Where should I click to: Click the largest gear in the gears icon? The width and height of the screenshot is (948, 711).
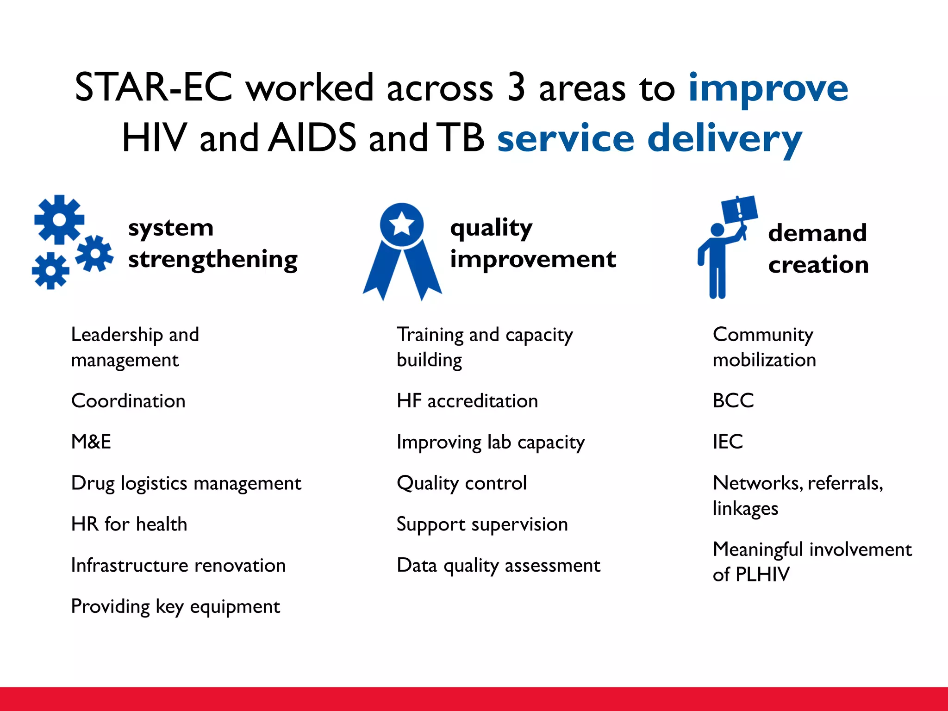point(59,219)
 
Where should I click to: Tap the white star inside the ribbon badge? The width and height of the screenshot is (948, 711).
point(401,225)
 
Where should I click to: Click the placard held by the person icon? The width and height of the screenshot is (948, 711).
point(739,209)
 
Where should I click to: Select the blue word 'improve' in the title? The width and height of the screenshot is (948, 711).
point(768,88)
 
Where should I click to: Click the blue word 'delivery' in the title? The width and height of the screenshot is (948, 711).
point(724,139)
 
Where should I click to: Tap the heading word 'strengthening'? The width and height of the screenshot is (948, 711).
point(212,260)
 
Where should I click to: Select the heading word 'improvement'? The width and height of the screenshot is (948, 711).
point(533,259)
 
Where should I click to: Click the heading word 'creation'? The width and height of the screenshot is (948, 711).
point(818,265)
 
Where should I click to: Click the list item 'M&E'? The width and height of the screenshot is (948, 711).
point(91,442)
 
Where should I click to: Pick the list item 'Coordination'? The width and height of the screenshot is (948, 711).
point(128,401)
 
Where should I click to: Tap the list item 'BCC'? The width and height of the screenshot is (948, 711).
point(733,400)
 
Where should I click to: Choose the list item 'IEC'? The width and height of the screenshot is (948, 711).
point(727,442)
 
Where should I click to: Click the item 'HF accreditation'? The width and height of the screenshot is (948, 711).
point(467,401)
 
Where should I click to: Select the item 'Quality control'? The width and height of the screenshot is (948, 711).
point(462,483)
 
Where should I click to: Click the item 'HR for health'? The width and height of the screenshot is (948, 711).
point(129,524)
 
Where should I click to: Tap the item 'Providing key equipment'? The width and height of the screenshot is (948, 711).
point(175,607)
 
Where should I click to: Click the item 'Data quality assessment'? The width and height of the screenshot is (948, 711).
point(498,566)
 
